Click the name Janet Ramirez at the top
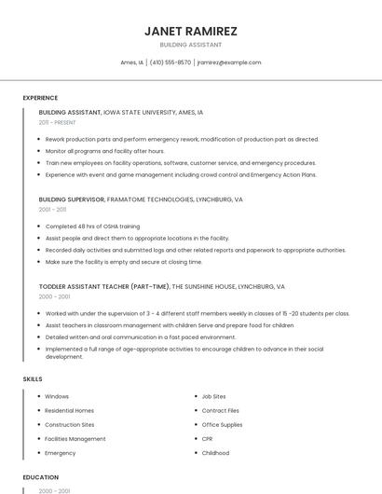coord(191,31)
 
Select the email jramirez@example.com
coord(229,62)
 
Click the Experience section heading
coord(40,98)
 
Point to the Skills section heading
coord(33,378)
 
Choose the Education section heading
coord(39,477)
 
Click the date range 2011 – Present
coord(58,122)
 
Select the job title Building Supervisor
coord(72,199)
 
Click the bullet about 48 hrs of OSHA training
coord(92,226)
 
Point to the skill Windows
coord(57,396)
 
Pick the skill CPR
coord(208,438)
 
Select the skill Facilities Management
coord(75,438)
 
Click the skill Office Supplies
coord(222,424)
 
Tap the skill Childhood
coord(215,453)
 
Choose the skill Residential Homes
coord(69,410)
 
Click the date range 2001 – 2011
coord(52,210)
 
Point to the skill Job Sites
coord(213,396)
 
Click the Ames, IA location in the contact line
coord(131,62)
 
